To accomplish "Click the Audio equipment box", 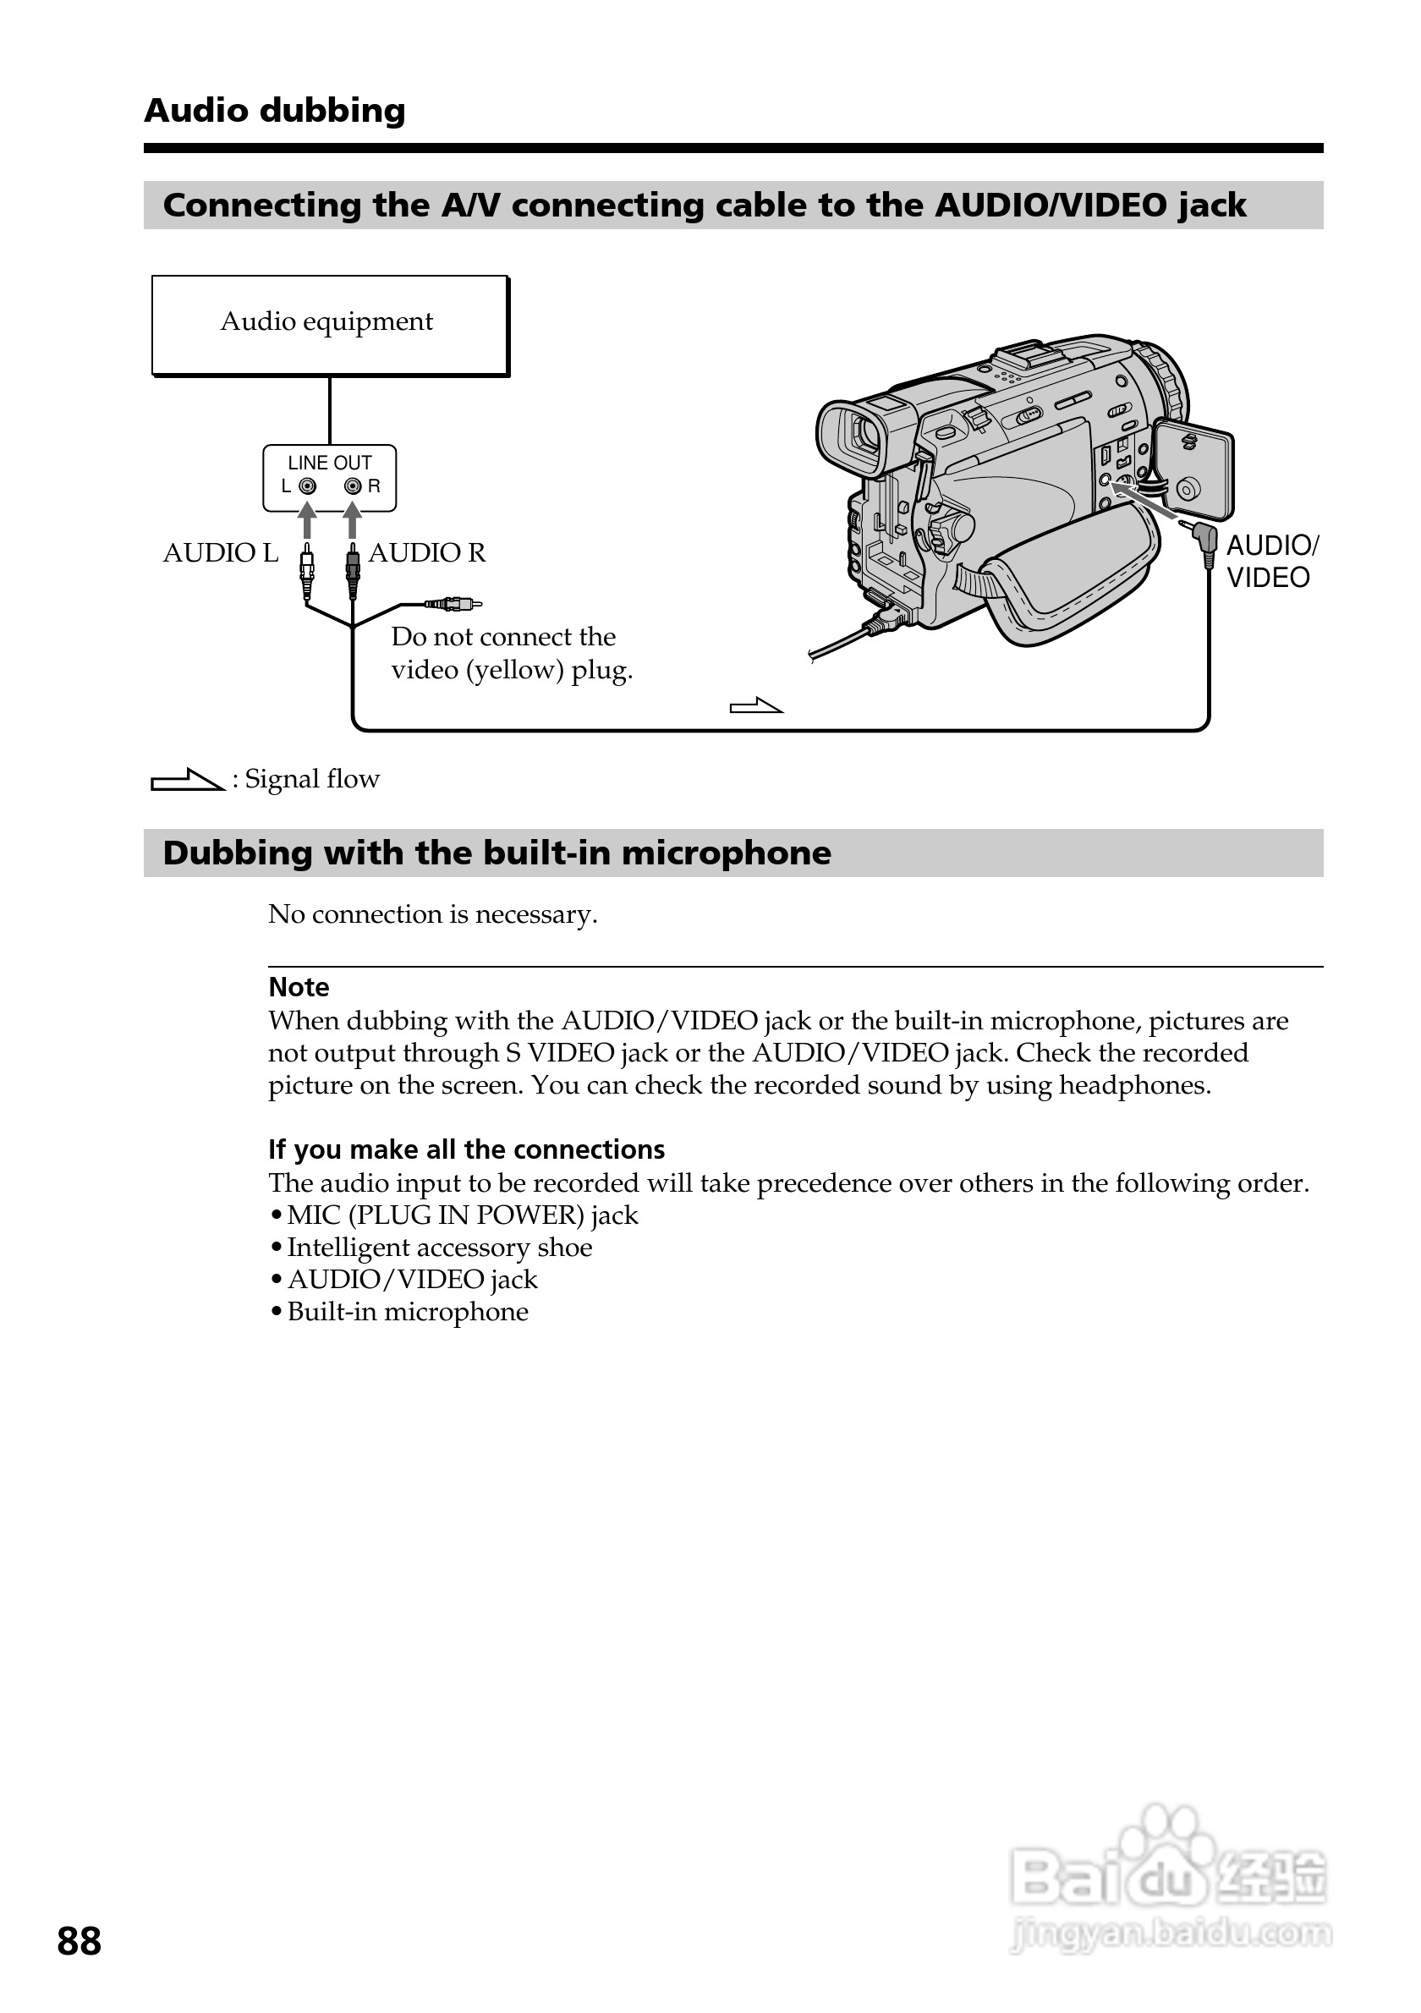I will tap(330, 326).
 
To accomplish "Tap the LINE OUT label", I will tap(330, 463).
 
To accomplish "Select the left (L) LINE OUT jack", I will tap(307, 486).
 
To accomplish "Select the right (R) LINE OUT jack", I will tap(353, 486).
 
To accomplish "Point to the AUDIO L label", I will tap(220, 553).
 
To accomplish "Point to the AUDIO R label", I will tap(427, 553).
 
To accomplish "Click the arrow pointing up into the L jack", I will tap(307, 521).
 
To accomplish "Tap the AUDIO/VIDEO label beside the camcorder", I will tap(1270, 561).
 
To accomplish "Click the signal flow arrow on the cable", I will tap(755, 705).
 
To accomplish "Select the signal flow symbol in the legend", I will tap(187, 780).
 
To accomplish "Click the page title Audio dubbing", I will tap(274, 111).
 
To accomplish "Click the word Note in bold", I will tap(299, 987).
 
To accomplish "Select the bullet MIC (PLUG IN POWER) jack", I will tap(462, 1215).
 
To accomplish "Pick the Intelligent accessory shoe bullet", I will tap(439, 1248).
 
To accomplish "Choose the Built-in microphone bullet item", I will tap(408, 1312).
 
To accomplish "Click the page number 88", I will tap(79, 1942).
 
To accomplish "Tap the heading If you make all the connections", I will tap(466, 1149).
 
